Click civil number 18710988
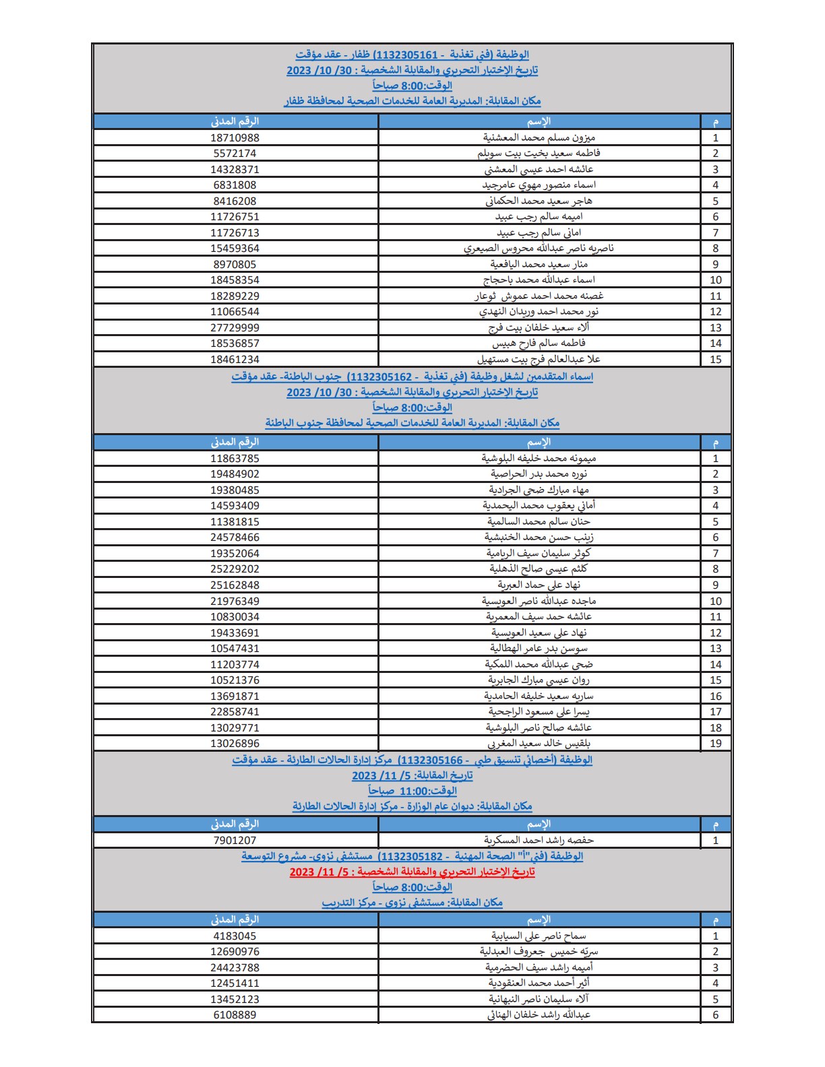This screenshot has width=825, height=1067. click(235, 137)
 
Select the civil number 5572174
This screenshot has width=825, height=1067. click(235, 154)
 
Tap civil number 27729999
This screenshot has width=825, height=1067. click(235, 327)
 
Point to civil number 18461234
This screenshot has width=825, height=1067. click(235, 359)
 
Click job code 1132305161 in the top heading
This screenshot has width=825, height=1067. click(406, 55)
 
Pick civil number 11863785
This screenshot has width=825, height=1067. click(235, 459)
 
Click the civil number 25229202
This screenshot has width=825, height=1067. click(235, 569)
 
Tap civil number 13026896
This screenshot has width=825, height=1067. click(235, 744)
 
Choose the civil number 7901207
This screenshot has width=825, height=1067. click(235, 840)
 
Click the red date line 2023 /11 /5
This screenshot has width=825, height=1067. click(412, 872)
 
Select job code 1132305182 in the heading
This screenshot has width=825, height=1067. click(410, 856)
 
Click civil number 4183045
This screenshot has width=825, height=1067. click(235, 936)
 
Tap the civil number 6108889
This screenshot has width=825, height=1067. click(235, 1015)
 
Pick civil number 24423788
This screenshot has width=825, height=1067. click(235, 968)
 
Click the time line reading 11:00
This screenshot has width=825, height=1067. click(413, 791)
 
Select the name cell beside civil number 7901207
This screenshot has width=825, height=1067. click(539, 840)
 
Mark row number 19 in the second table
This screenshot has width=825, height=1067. click(716, 744)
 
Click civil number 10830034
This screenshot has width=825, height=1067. click(235, 617)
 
